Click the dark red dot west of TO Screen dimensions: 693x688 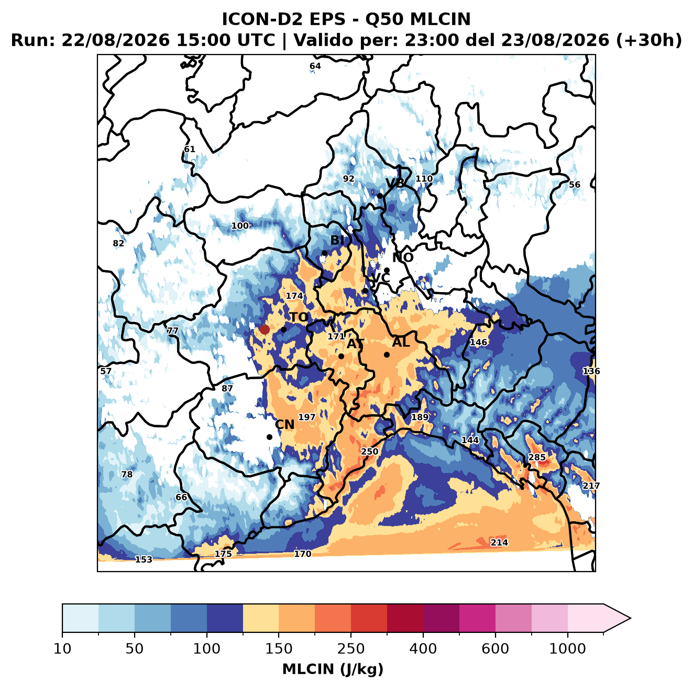265,329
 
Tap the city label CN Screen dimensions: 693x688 284,425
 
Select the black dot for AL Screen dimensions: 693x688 387,354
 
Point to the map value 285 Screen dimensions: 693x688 536,458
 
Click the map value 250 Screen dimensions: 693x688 369,451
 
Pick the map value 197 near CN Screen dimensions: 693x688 307,417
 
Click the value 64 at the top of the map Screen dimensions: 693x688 315,66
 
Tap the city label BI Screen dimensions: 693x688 337,240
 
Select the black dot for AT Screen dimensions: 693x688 342,356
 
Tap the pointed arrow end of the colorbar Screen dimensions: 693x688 630,618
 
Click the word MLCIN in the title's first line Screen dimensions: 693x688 440,19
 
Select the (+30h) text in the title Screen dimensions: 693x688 649,40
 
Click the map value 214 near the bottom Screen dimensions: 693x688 499,542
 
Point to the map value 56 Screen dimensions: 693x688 574,185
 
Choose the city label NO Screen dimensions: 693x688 402,257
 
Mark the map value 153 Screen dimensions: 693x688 144,560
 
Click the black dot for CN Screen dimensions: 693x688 269,437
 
